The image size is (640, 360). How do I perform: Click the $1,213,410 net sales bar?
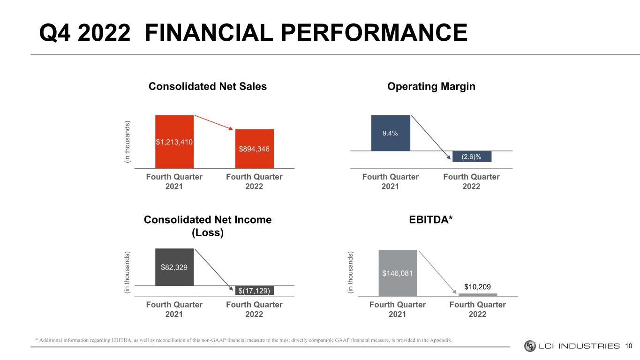point(174,141)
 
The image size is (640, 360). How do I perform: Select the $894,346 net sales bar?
point(254,148)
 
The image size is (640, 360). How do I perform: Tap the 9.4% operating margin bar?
point(390,133)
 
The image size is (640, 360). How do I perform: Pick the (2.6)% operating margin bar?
point(472,157)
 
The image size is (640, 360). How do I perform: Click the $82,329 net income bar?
point(174,267)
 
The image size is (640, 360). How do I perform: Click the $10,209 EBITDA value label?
point(477,286)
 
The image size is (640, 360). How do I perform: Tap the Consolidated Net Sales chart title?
point(207,87)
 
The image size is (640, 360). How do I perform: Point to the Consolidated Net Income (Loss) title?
point(207,226)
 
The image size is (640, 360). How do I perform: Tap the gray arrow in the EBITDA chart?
point(438,272)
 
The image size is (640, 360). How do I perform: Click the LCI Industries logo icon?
point(530,346)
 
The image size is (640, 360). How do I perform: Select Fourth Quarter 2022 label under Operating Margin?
point(471,181)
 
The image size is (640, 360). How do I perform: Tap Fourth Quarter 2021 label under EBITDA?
point(398,309)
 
